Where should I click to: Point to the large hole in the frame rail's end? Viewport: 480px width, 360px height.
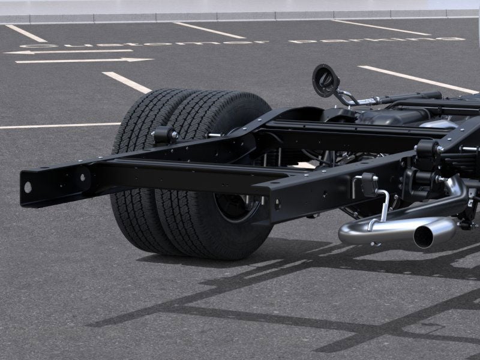[28, 186]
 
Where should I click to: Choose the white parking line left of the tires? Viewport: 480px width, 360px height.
[60, 126]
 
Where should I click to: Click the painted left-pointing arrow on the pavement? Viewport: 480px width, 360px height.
[66, 52]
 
